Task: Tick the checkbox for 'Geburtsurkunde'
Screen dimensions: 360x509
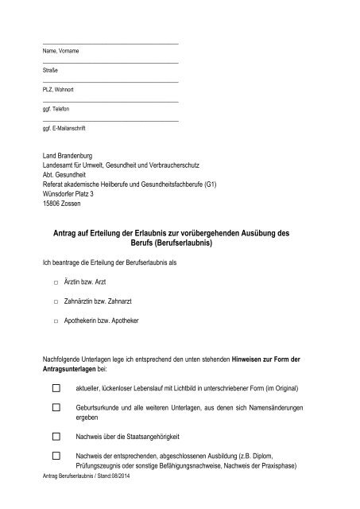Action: tap(56, 406)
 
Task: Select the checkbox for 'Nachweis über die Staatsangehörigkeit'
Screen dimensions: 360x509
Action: tap(56, 437)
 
